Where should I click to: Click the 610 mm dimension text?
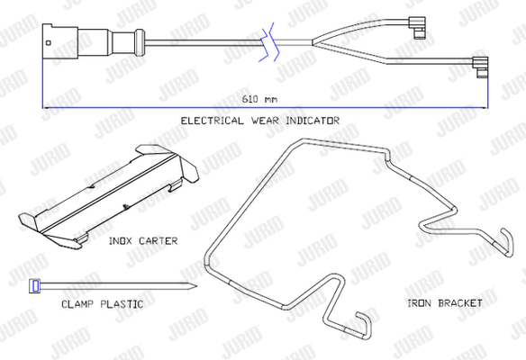click(x=259, y=99)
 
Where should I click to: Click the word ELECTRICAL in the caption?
click(x=213, y=121)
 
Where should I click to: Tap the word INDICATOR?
click(x=313, y=121)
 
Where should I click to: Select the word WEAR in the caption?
click(x=265, y=121)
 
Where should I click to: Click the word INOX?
click(x=120, y=241)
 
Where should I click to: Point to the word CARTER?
click(x=158, y=241)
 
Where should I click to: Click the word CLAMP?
click(x=77, y=304)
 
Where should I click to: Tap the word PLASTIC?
click(x=122, y=304)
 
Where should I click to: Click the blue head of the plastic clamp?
click(x=35, y=286)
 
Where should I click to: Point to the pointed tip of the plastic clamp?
click(x=196, y=286)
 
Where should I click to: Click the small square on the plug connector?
click(x=49, y=42)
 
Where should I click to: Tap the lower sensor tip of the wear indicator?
click(x=481, y=67)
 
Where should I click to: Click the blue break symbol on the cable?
click(x=269, y=42)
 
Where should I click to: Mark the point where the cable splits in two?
click(x=313, y=42)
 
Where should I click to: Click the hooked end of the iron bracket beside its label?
click(x=507, y=242)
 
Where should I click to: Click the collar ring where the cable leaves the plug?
click(x=140, y=42)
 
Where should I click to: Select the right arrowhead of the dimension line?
click(x=484, y=108)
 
